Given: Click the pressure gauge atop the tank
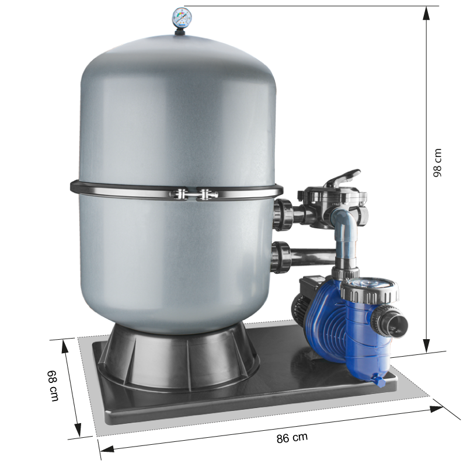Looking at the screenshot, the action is click(x=182, y=18).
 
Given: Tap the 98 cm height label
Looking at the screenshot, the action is click(x=437, y=163).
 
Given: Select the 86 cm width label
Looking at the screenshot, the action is click(x=292, y=438).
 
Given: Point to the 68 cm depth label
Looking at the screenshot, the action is click(x=53, y=385).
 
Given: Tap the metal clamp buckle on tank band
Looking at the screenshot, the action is click(x=194, y=194).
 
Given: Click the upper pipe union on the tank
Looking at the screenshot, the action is click(x=283, y=214).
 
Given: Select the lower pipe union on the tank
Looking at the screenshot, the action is click(x=281, y=257).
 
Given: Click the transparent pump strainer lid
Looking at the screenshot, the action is click(x=370, y=283).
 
